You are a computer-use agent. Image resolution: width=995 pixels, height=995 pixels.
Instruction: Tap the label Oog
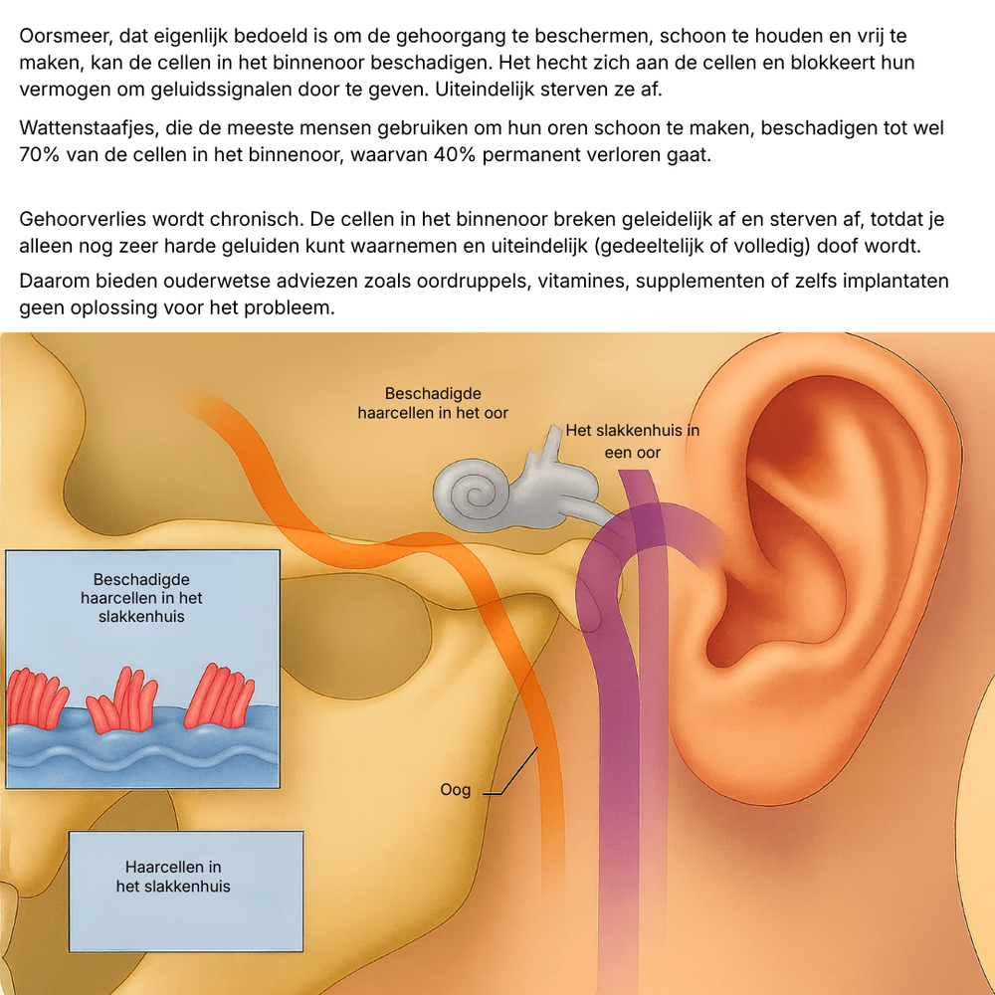[456, 790]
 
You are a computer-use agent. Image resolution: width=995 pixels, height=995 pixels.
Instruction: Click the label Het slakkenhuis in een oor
[633, 441]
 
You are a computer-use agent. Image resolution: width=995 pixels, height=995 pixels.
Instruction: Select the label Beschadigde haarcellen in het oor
[433, 403]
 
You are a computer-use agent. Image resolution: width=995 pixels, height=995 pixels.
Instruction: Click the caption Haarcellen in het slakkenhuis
[173, 877]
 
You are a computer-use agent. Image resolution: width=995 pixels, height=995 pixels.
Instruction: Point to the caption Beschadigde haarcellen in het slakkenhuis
[141, 598]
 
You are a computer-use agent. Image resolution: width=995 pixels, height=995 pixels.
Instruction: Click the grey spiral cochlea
[473, 495]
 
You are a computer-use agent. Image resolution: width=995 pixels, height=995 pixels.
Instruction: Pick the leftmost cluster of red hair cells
[37, 698]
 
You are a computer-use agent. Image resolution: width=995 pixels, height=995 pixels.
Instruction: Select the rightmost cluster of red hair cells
[220, 696]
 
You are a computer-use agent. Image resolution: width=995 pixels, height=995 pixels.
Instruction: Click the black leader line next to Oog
[510, 771]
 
